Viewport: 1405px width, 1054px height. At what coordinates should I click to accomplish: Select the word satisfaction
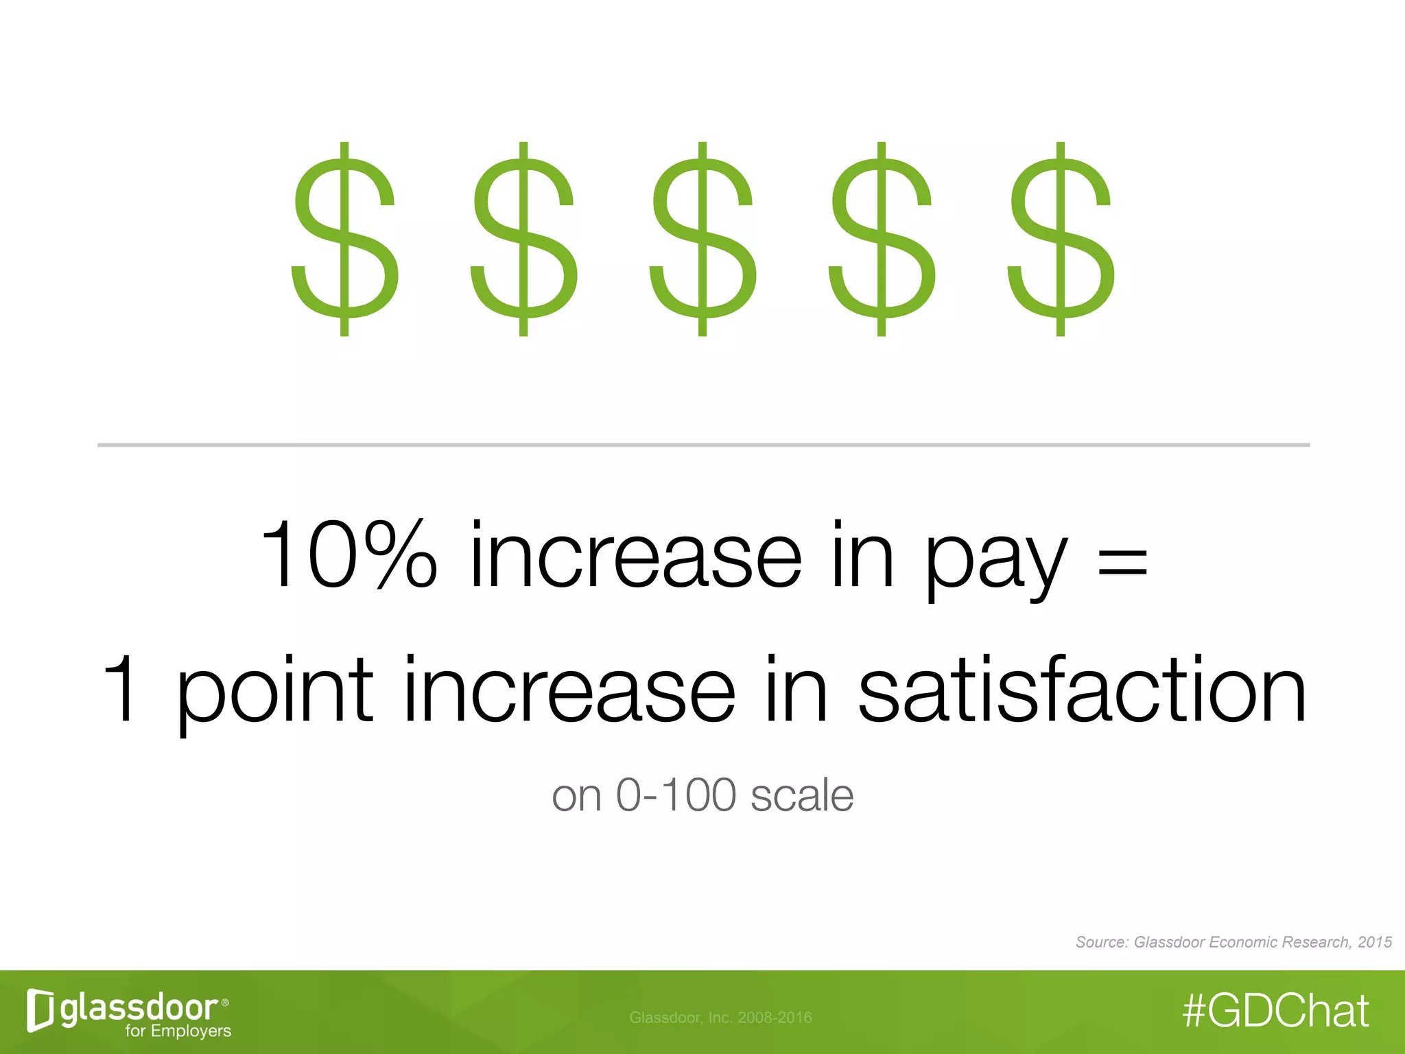(x=1082, y=690)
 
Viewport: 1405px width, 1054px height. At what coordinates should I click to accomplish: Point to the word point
(x=274, y=693)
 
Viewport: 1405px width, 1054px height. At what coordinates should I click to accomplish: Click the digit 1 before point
(x=122, y=690)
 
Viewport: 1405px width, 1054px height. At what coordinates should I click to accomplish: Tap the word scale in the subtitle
(x=802, y=796)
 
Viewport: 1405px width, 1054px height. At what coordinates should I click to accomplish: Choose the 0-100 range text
(x=676, y=796)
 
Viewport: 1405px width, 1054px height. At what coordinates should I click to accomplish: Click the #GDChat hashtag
(x=1276, y=1011)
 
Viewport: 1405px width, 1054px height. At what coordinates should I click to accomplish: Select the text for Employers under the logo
(x=178, y=1031)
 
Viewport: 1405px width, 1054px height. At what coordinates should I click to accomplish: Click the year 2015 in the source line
(x=1375, y=942)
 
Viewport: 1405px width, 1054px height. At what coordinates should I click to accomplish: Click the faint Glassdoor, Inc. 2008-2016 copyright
(x=720, y=1018)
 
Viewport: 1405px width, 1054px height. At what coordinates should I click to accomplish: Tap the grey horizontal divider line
(x=703, y=445)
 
